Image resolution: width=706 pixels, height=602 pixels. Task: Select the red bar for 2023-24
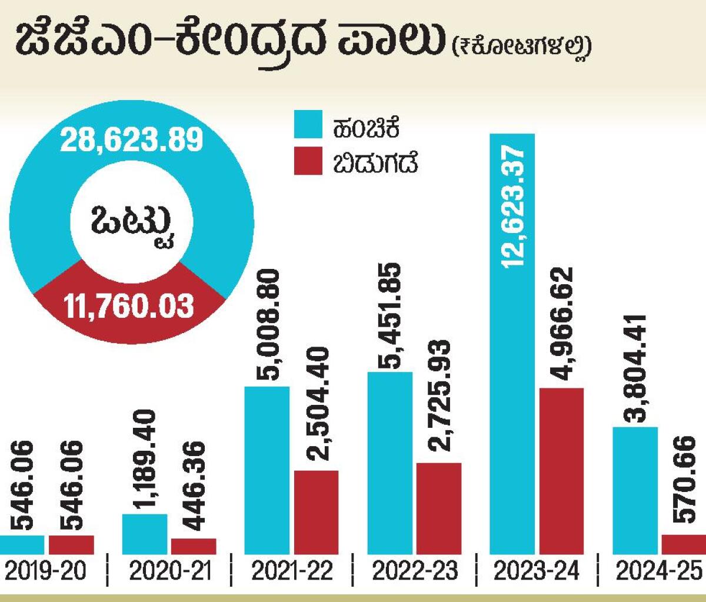point(561,471)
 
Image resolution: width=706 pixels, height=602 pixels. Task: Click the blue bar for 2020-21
point(144,534)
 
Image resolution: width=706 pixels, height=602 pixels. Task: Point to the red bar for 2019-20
point(71,544)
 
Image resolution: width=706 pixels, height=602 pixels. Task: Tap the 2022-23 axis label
point(415,571)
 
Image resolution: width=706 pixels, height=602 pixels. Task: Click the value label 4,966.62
point(561,324)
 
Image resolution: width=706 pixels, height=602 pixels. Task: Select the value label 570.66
point(684,480)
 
